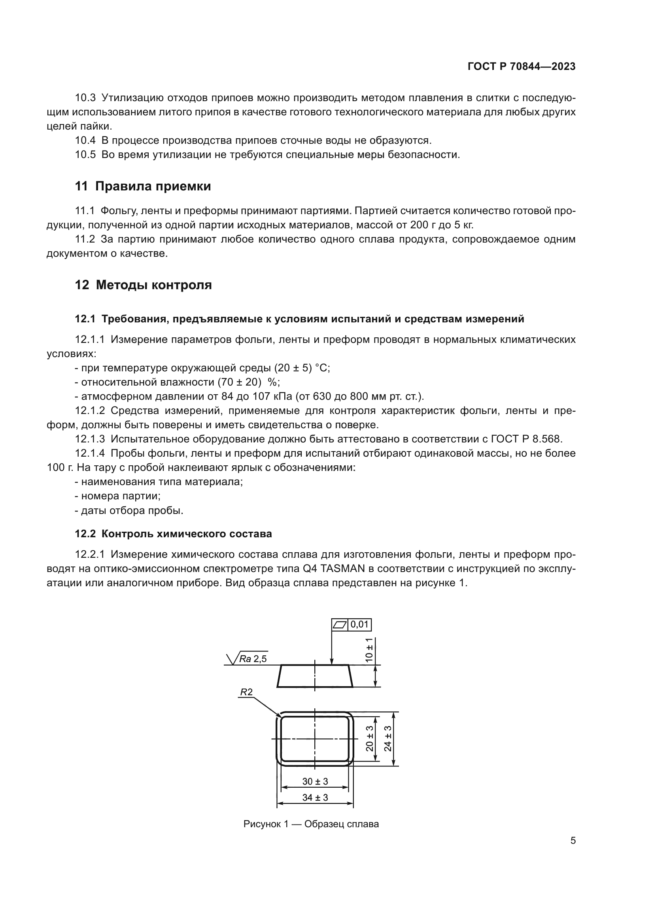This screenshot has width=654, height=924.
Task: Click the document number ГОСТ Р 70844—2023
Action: coord(522,66)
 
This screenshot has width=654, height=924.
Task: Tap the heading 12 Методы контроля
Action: coord(143,285)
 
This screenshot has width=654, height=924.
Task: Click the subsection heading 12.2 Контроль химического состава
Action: coord(173,534)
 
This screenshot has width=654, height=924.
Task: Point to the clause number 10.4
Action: coord(85,141)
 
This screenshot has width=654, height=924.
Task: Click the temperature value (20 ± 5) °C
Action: coord(302,368)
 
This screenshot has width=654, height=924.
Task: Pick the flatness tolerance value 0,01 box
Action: coord(359,624)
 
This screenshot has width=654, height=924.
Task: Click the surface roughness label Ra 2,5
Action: coord(253,659)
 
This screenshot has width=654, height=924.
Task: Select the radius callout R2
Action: coord(246,692)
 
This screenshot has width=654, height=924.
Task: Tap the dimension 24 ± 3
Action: coord(387,738)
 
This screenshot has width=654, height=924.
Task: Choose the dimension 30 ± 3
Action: coord(315,781)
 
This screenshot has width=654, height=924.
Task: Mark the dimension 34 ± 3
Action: coord(315,797)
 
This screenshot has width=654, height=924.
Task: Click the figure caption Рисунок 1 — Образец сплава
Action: coord(311,824)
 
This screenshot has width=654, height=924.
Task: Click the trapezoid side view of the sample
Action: coord(315,676)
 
